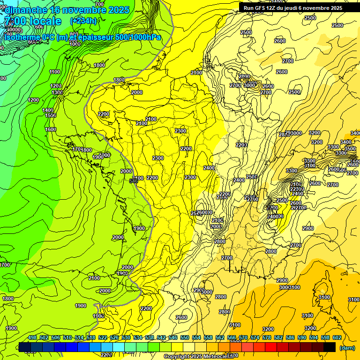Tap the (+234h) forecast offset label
click(x=83, y=21)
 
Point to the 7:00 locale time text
click(x=33, y=21)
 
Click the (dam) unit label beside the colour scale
click(x=346, y=348)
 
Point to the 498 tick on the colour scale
click(x=32, y=338)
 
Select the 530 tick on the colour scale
click(x=126, y=338)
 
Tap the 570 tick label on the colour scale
click(x=243, y=338)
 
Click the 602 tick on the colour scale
click(x=337, y=338)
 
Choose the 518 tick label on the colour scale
click(x=91, y=338)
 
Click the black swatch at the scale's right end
click(x=330, y=347)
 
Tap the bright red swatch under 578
click(x=271, y=347)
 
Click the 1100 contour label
click(x=55, y=72)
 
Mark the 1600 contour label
click(x=51, y=129)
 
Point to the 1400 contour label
click(x=48, y=110)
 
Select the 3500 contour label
click(x=350, y=149)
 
